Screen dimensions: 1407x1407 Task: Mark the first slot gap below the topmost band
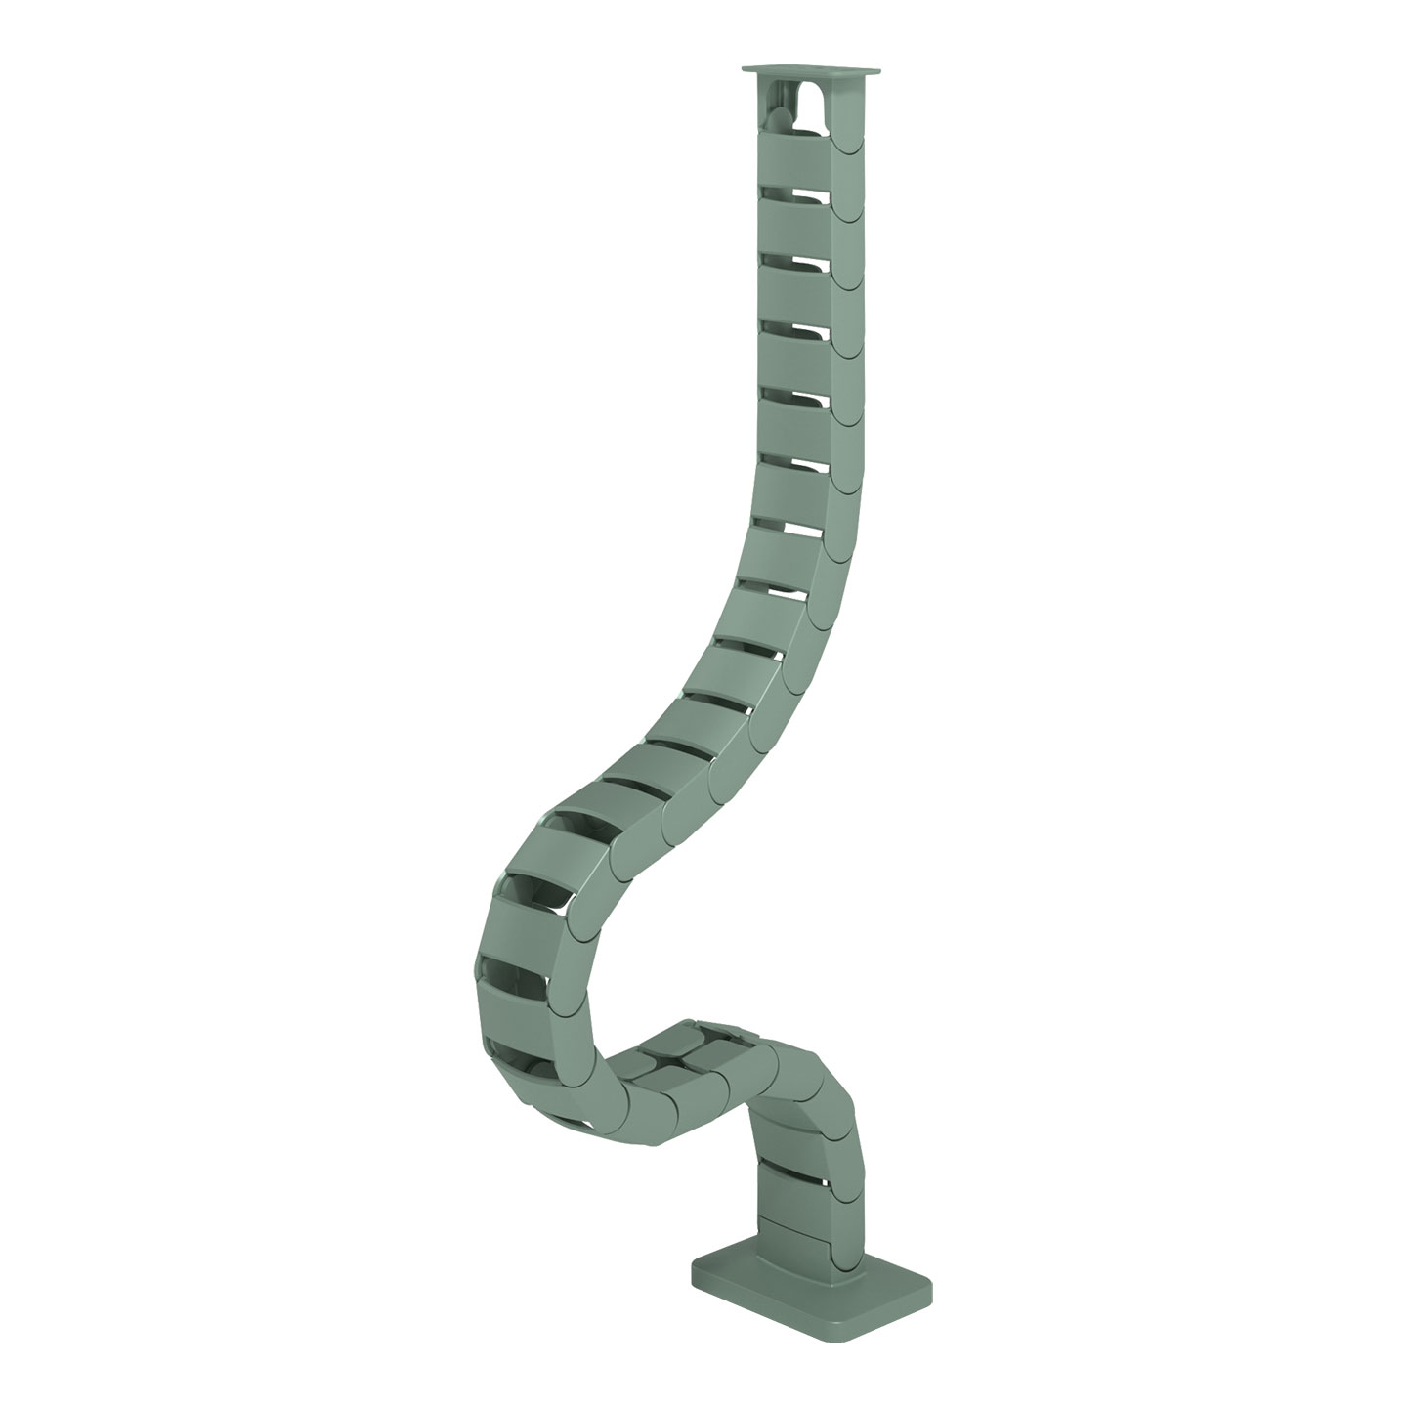pyautogui.click(x=793, y=191)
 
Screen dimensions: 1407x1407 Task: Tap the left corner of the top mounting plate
pyautogui.click(x=743, y=72)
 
